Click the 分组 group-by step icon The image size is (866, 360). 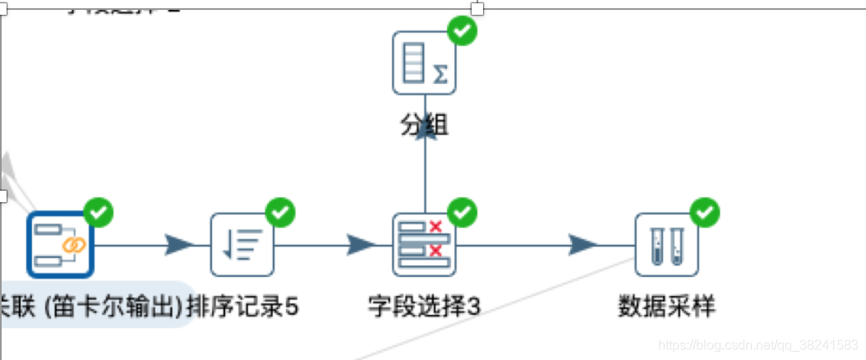pyautogui.click(x=424, y=62)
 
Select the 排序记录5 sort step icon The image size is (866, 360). pyautogui.click(x=242, y=245)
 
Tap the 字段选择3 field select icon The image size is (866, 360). pyautogui.click(x=424, y=245)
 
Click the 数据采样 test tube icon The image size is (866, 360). pyautogui.click(x=666, y=245)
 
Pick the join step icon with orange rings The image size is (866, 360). pyautogui.click(x=60, y=245)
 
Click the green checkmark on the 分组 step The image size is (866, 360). pyautogui.click(x=462, y=30)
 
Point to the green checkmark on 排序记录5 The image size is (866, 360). pyautogui.click(x=280, y=213)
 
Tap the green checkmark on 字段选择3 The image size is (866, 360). pyautogui.click(x=462, y=213)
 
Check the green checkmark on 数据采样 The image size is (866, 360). pyautogui.click(x=704, y=213)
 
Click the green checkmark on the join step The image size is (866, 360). pyautogui.click(x=99, y=213)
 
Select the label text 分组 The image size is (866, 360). pyautogui.click(x=424, y=125)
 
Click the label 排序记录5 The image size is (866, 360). pyautogui.click(x=243, y=307)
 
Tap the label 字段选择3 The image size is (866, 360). pyautogui.click(x=424, y=307)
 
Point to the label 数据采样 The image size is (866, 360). pyautogui.click(x=666, y=307)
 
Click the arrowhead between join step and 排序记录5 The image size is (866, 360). pyautogui.click(x=178, y=244)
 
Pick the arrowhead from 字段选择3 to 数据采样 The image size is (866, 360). pyautogui.click(x=583, y=244)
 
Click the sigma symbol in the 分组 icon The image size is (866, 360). pyautogui.click(x=440, y=75)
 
